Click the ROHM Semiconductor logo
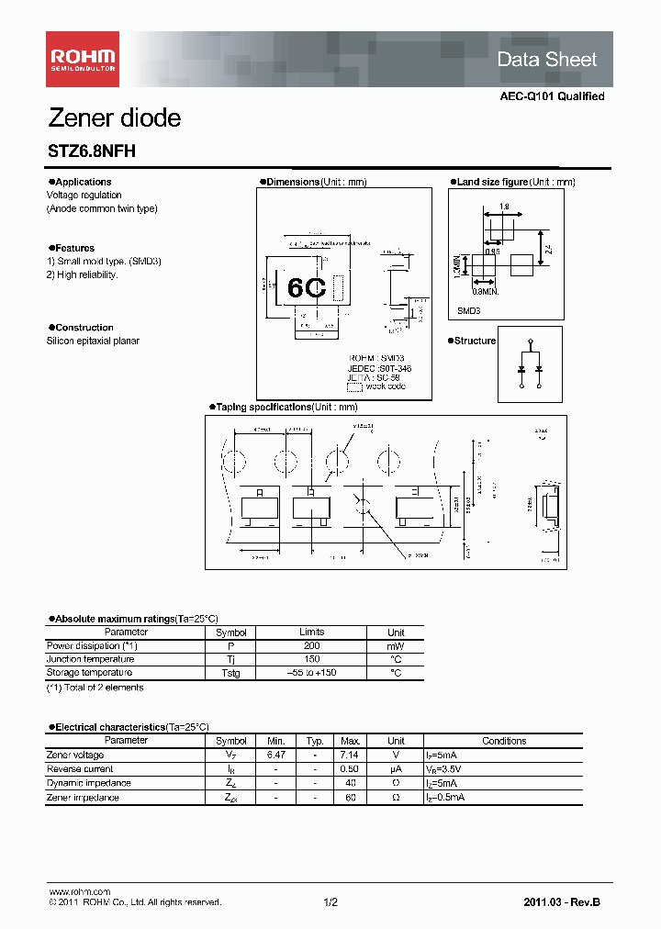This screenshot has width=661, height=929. pos(83,59)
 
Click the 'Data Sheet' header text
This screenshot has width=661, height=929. pos(546,60)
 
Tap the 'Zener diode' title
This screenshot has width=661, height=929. pos(114,118)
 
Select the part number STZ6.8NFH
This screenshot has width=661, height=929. pos(91,152)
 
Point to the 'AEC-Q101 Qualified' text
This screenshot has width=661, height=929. pos(552,96)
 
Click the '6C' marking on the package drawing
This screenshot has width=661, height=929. pos(307,287)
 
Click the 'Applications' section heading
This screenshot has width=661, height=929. pos(80,182)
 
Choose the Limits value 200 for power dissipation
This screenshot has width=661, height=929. pos(311,646)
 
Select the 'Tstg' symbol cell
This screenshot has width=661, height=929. pos(231,673)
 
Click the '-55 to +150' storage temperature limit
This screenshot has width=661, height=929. pos(311,673)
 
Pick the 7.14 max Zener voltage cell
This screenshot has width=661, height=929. pos(350,755)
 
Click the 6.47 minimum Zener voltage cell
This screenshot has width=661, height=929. pos(276,755)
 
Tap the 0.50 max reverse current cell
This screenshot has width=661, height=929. pos(350,769)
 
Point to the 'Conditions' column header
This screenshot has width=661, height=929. pos(504,741)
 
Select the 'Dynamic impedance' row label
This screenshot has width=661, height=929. pos(88,783)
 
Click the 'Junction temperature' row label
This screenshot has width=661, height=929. pos(90,659)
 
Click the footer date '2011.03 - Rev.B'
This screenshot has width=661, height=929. pos(563,902)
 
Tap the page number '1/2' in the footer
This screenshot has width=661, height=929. pos(330,902)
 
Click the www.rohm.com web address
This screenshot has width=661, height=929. pos(79,892)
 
